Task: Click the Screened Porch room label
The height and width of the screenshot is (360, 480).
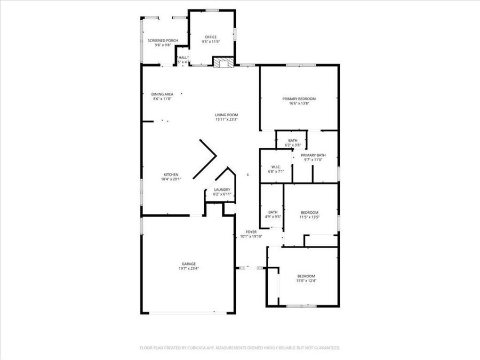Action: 163,41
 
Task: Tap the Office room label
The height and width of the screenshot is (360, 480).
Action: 211,37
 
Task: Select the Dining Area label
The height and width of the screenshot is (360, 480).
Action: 162,94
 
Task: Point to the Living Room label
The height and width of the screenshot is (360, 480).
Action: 226,115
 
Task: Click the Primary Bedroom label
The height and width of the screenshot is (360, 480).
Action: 299,99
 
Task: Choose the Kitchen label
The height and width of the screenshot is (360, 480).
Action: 171,175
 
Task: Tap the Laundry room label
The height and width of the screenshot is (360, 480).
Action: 222,189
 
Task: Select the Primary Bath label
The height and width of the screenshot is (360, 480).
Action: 313,155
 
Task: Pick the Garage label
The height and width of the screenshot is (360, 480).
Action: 188,264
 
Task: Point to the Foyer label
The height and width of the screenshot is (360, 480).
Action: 251,232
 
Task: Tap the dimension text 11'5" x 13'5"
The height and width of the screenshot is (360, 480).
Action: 309,217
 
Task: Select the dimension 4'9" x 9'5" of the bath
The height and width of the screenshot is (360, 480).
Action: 273,217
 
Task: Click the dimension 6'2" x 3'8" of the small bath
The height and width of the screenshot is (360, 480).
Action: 293,145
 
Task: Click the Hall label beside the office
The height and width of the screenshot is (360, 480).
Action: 183,58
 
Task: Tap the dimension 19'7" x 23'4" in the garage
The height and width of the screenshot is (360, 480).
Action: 188,268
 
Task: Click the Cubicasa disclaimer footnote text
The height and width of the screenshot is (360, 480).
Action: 239,348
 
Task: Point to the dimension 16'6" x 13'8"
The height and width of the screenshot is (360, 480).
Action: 299,103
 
